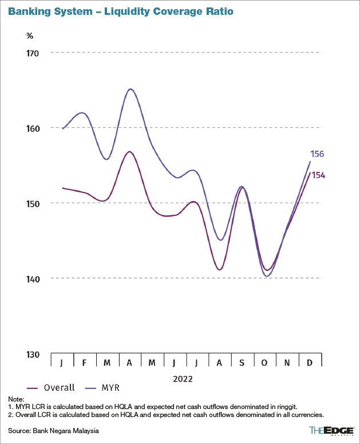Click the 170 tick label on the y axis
(x=33, y=53)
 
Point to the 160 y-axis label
(x=33, y=128)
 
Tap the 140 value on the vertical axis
(x=33, y=279)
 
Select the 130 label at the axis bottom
(x=33, y=355)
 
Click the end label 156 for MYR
(x=317, y=154)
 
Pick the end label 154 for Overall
(x=318, y=175)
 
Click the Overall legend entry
(x=51, y=388)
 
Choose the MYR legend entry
(x=102, y=388)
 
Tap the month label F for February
(x=84, y=363)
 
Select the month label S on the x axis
(x=242, y=363)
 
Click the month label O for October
(x=264, y=363)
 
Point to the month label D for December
(x=310, y=363)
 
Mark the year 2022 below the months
(x=183, y=379)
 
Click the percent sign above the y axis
(x=30, y=36)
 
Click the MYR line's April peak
(x=130, y=89)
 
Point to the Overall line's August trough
(x=220, y=269)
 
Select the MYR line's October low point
(x=267, y=276)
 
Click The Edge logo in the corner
(x=331, y=430)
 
